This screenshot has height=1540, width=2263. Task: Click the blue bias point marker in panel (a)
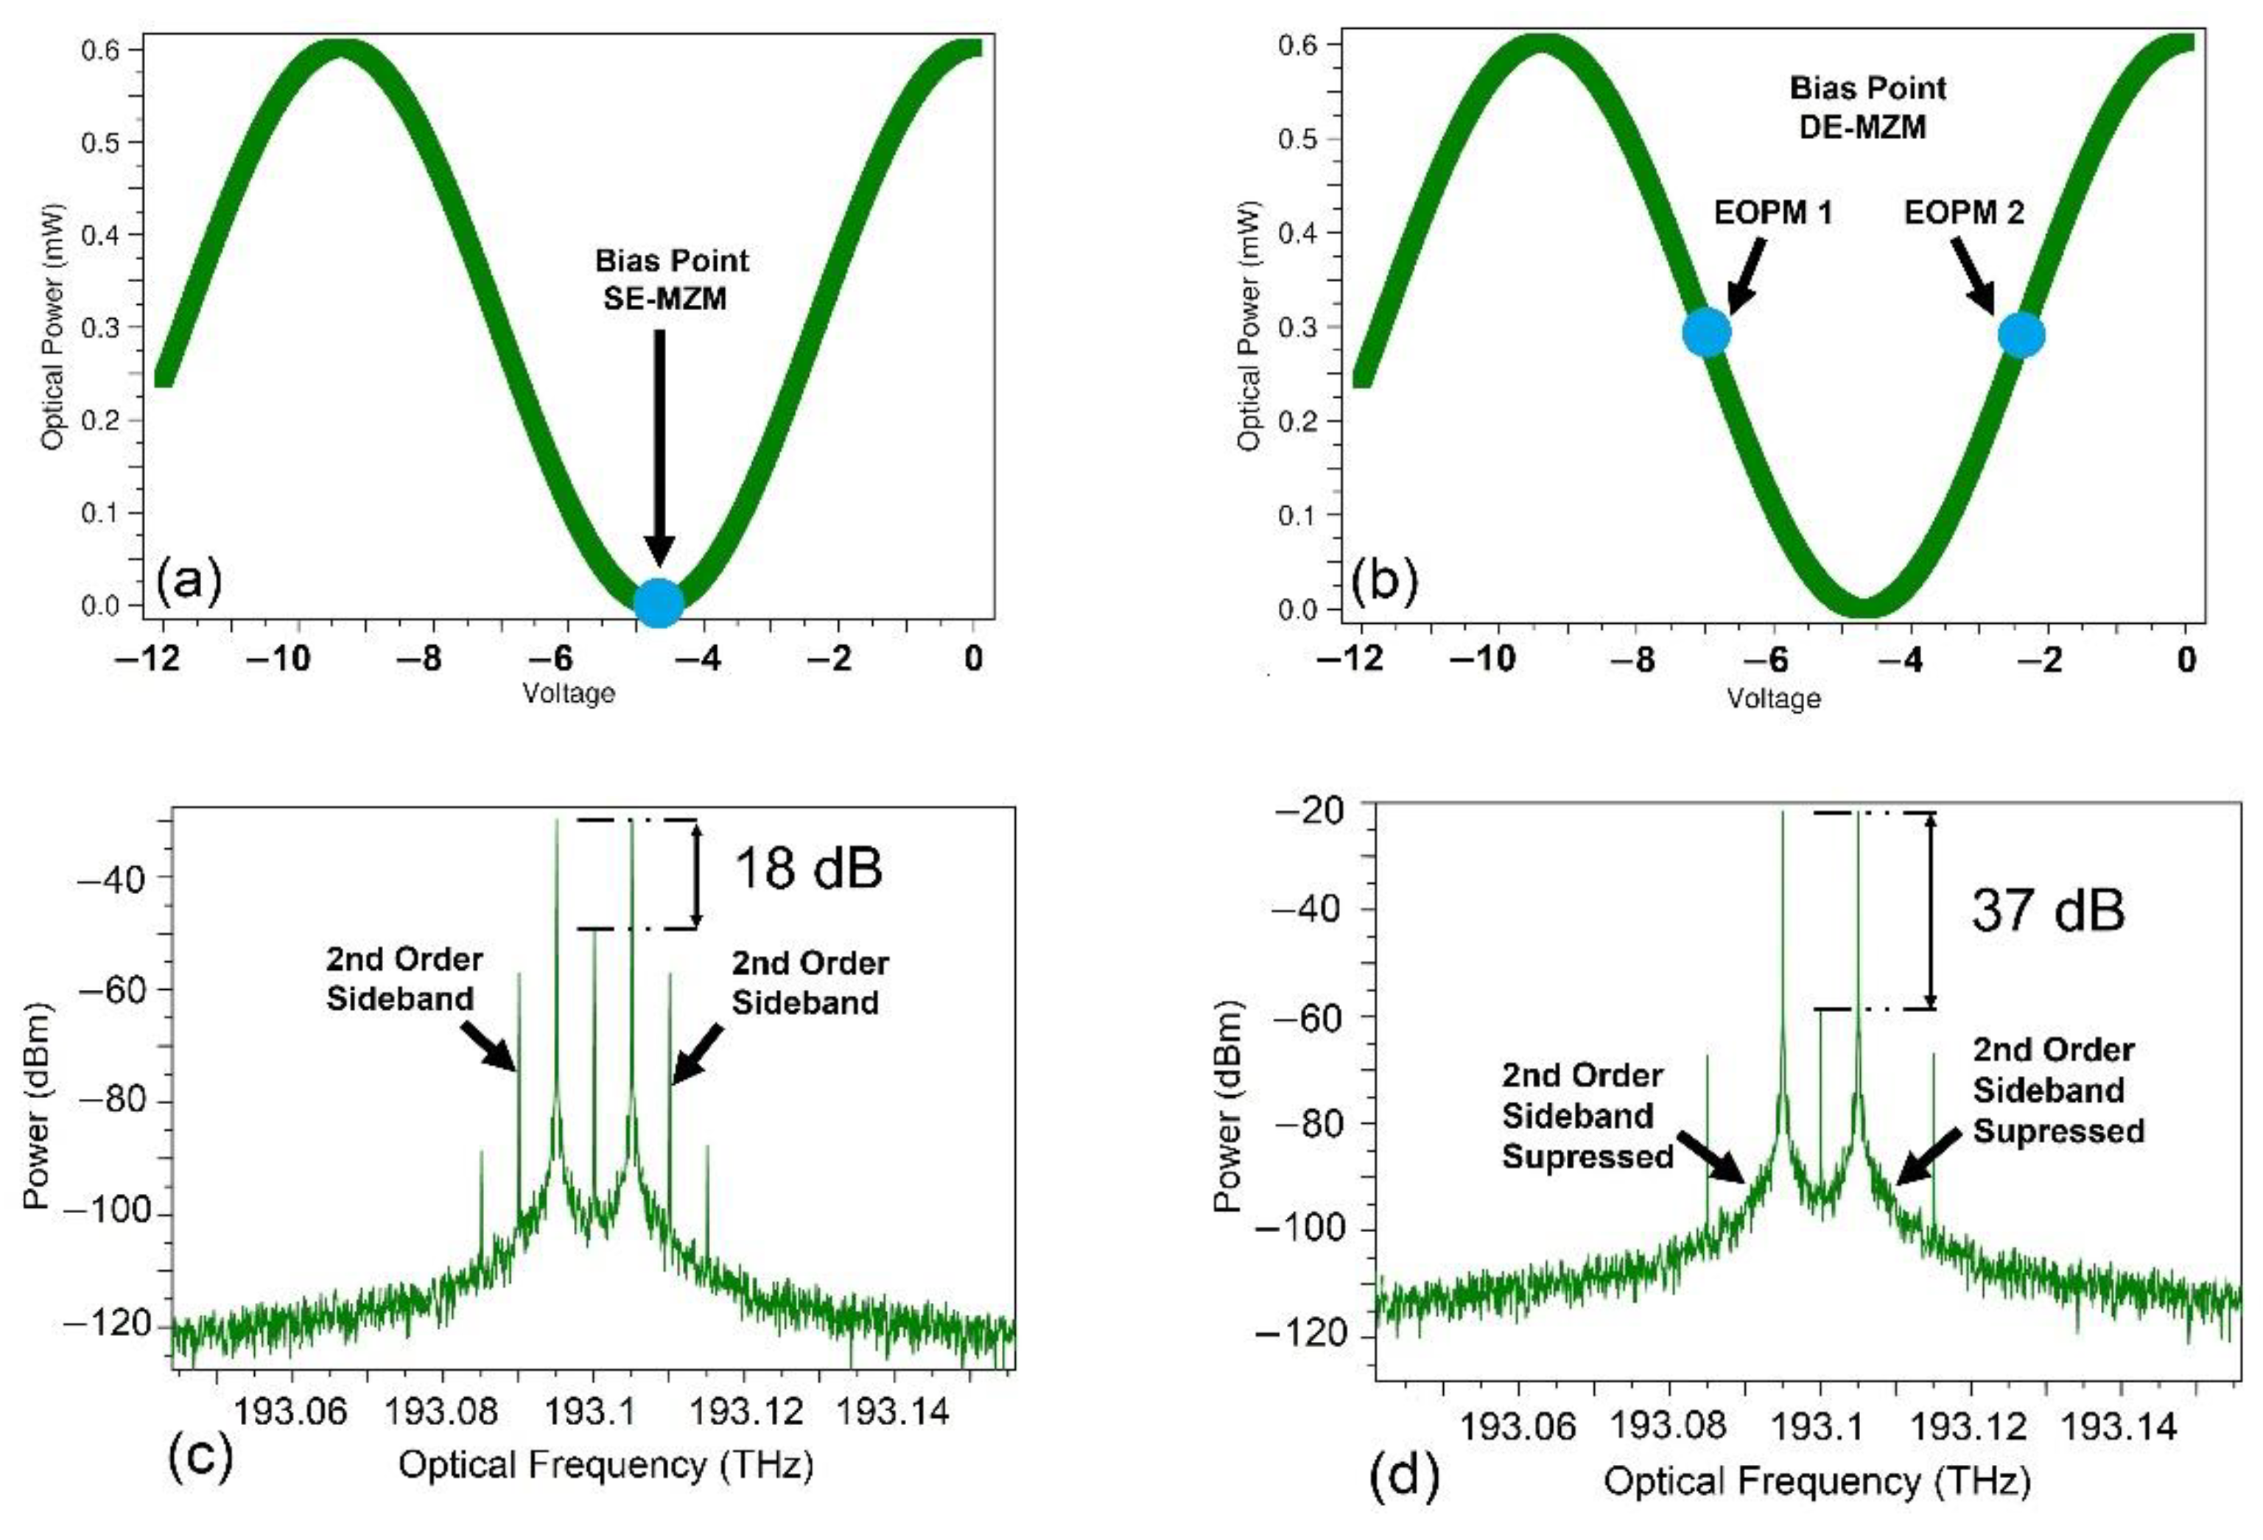tap(659, 602)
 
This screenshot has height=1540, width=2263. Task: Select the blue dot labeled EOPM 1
tap(1706, 333)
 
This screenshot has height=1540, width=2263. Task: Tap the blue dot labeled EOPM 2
tap(2021, 336)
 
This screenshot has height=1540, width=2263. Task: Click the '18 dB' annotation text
tap(807, 868)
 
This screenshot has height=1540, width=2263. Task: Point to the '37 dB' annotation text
tap(2047, 911)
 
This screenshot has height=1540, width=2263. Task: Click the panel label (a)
tap(189, 581)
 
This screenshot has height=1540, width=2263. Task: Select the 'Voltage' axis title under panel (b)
tap(1773, 698)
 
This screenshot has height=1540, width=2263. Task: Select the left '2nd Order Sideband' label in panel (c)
tap(404, 980)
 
